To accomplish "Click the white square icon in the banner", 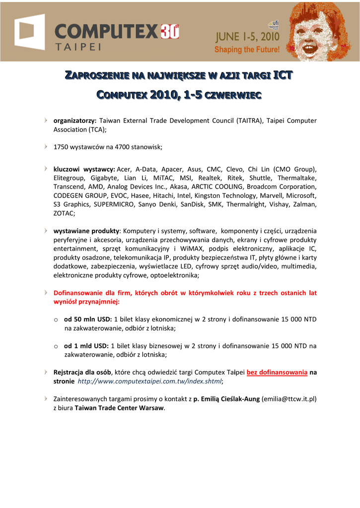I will (29, 32).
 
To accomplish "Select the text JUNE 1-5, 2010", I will (246, 37).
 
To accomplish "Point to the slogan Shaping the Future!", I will (247, 50).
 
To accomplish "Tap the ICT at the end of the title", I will (283, 75).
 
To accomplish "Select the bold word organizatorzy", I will (74, 121).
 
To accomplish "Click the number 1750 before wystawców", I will (61, 147).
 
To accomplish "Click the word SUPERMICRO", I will (112, 204).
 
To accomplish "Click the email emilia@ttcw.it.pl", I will (289, 399).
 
